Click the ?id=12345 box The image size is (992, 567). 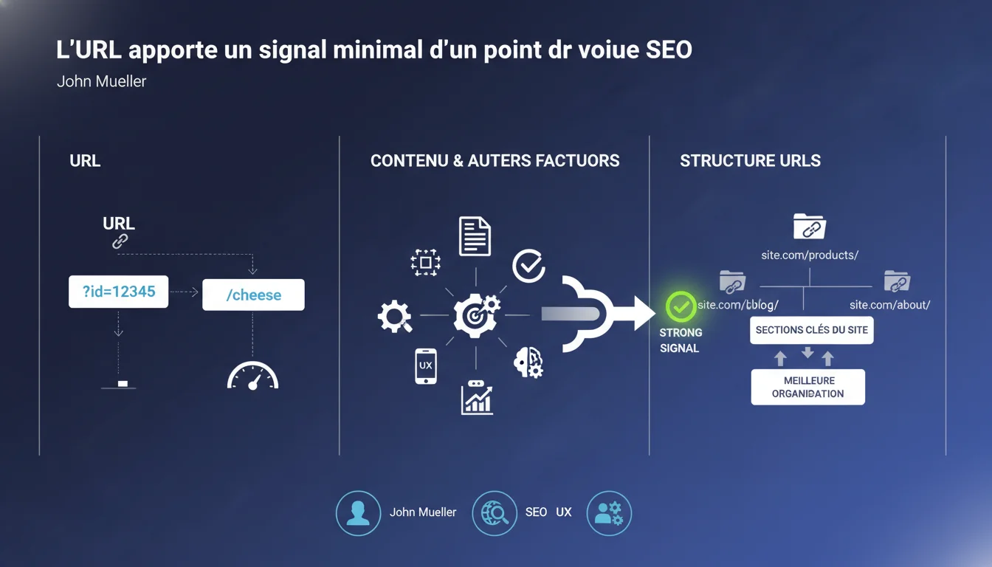pos(118,292)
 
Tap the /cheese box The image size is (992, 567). pos(253,295)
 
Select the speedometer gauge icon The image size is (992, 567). pos(252,376)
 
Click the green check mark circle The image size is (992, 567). pos(681,306)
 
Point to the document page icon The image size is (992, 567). pos(475,236)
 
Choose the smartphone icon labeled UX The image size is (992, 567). pos(426,365)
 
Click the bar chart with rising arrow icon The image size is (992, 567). pos(477,398)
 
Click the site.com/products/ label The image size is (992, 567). pos(810,255)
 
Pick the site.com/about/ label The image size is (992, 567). pos(889,305)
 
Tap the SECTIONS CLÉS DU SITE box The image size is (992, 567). pos(811,330)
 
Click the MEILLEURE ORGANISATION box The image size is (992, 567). pos(807,387)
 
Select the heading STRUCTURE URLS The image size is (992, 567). pos(750,161)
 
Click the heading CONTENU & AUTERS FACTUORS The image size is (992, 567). pos(495,161)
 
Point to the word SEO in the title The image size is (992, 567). pos(668,50)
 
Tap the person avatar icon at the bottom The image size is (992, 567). pos(358,512)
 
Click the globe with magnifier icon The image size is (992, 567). pos(494,512)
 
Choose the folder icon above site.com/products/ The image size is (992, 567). pos(809,227)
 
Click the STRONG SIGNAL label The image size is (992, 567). pos(680,340)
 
